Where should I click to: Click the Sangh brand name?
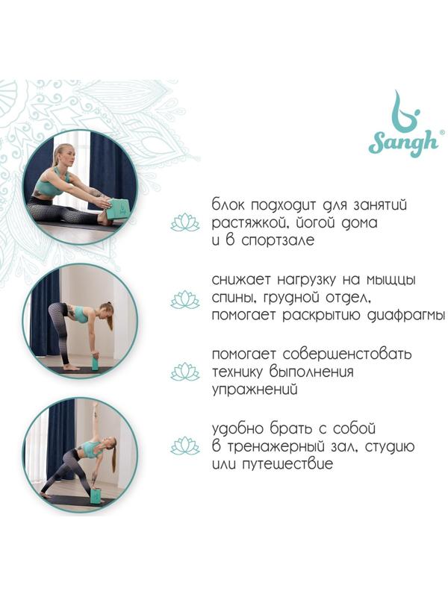(x=403, y=143)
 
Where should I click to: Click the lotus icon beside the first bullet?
(x=185, y=222)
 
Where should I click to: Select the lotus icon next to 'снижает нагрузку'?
(x=185, y=299)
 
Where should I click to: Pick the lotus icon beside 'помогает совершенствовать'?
(x=185, y=372)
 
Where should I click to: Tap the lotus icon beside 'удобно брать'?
(x=185, y=446)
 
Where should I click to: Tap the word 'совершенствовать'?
(x=347, y=354)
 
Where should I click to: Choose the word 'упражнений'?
(x=255, y=390)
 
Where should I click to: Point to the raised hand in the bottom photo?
(x=96, y=407)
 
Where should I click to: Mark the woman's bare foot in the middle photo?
(x=72, y=367)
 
